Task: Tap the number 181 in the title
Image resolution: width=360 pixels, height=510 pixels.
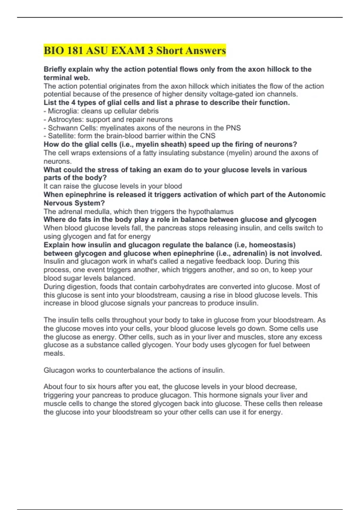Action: (x=75, y=50)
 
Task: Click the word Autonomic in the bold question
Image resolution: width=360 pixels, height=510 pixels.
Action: (x=307, y=195)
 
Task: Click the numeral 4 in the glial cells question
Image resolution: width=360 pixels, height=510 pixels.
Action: (x=73, y=103)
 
